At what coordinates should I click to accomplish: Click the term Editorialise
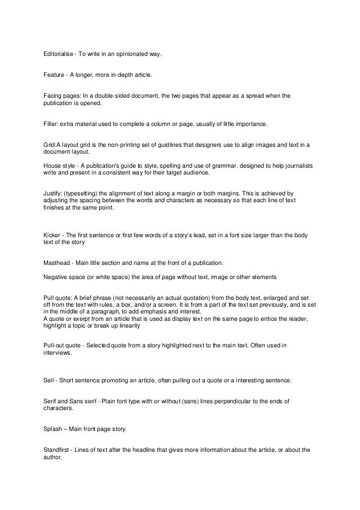pyautogui.click(x=58, y=55)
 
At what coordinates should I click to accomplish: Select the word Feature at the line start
pyautogui.click(x=54, y=75)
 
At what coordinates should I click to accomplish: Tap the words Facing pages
pyautogui.click(x=62, y=97)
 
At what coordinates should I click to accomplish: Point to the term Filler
pyautogui.click(x=51, y=124)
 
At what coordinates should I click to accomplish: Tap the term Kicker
pyautogui.click(x=53, y=234)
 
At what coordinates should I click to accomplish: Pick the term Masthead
pyautogui.click(x=58, y=263)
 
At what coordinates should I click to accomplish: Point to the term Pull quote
pyautogui.click(x=60, y=297)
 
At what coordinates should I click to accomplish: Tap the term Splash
pyautogui.click(x=54, y=429)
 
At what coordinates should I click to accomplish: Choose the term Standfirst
pyautogui.click(x=59, y=450)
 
